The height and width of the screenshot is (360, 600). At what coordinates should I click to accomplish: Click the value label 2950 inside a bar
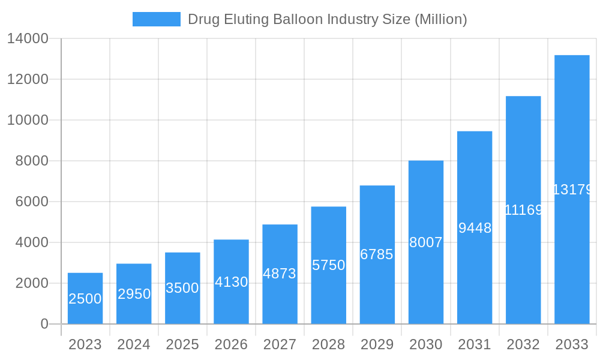[134, 294]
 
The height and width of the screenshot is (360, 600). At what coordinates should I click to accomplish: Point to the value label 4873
[280, 274]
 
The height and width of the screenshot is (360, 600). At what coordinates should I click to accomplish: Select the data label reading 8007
[425, 242]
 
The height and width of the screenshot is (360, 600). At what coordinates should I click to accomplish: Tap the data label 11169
[523, 210]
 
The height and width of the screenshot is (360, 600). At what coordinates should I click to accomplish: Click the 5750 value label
[328, 265]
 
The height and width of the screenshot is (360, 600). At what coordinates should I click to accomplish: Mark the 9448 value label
[475, 228]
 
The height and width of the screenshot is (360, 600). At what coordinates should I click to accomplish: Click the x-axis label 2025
[182, 344]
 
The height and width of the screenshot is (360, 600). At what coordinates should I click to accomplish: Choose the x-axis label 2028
[328, 344]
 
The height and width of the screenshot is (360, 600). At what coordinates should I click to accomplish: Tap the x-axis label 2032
[523, 344]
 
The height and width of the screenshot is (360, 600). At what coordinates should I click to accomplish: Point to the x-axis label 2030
[425, 344]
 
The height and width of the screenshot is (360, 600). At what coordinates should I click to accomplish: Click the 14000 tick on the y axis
[28, 39]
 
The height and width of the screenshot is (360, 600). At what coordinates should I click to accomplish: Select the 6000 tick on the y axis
[32, 202]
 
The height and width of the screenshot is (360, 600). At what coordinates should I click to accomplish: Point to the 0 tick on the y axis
[44, 324]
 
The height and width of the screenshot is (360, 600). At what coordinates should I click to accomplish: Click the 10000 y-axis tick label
[28, 120]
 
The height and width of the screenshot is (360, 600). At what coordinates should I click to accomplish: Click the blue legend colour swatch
[156, 19]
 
